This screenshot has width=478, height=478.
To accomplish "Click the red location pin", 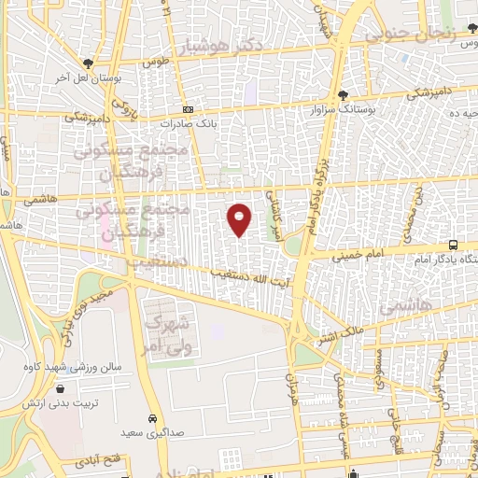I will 240,218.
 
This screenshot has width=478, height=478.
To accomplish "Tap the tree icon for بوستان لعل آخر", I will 87,63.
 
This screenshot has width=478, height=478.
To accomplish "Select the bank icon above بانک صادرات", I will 188,109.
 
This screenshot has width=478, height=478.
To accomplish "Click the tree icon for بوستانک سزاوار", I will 343,95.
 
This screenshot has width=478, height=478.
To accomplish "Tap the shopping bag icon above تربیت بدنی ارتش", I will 61,389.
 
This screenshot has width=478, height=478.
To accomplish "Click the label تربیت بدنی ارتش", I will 62,404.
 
